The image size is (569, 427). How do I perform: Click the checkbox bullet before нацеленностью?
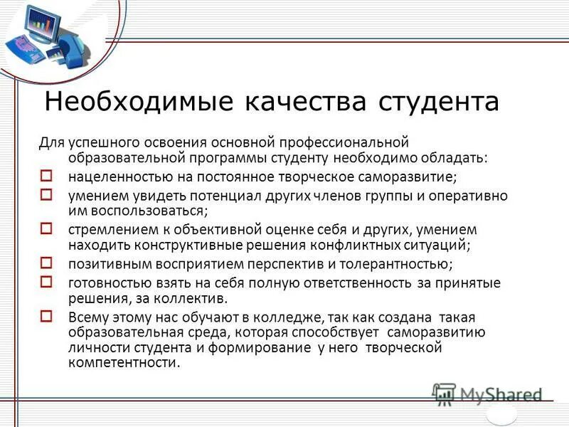click(46, 174)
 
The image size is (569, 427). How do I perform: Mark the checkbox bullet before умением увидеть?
click(46, 193)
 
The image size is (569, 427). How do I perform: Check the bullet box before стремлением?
click(46, 228)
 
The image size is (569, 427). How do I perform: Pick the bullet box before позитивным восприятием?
click(46, 263)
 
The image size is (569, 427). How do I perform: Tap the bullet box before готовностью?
click(46, 281)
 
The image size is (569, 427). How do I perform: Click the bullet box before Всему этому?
click(46, 315)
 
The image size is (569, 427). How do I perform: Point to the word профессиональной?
click(337, 142)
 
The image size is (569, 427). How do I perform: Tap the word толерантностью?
click(396, 264)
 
